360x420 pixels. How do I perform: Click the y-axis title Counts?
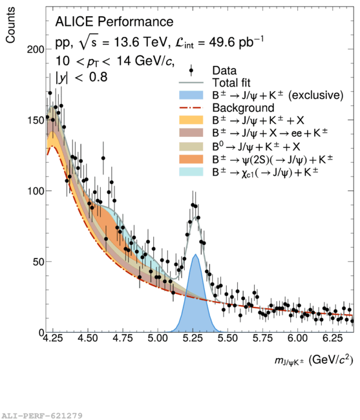(10, 25)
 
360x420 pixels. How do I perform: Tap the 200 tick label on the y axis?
(35, 49)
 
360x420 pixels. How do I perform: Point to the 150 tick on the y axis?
(35, 120)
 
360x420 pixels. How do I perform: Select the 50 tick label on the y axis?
(38, 262)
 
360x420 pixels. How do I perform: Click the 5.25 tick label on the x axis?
(193, 338)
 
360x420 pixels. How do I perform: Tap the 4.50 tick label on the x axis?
(88, 338)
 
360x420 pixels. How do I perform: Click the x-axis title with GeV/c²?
(313, 361)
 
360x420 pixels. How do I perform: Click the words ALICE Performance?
(114, 22)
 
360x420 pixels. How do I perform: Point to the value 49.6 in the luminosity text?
(221, 42)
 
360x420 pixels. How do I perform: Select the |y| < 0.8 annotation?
(81, 77)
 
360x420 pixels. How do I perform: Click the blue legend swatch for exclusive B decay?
(191, 95)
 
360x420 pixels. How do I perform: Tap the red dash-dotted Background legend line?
(191, 108)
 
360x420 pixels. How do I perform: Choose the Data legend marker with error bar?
(191, 70)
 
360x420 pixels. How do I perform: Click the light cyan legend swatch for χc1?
(191, 172)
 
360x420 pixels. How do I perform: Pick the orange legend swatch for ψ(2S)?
(191, 159)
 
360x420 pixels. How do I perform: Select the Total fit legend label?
(231, 83)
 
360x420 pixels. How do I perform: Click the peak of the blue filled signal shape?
(196, 255)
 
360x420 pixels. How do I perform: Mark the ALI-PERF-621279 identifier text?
(41, 415)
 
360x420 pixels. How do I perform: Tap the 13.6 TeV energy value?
(140, 42)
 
